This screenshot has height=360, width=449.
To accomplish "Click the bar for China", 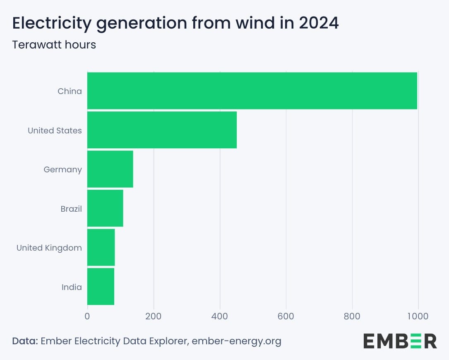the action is [x=252, y=91].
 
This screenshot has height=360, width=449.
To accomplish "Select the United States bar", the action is [x=162, y=130].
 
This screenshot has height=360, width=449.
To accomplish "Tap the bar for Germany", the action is [x=110, y=169].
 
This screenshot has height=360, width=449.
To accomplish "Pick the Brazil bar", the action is [x=105, y=208].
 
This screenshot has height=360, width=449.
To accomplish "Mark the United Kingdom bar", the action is [x=101, y=247].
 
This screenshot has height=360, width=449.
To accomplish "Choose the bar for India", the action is [x=101, y=287].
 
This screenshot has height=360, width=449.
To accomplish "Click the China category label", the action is [x=70, y=91].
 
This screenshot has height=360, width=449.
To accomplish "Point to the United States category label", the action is [x=55, y=130].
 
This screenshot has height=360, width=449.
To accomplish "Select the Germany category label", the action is [x=63, y=170].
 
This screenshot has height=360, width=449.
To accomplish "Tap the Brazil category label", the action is [x=71, y=209].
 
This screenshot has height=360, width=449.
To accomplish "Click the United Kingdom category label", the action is [x=49, y=248].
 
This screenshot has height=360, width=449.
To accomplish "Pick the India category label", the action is [x=72, y=287].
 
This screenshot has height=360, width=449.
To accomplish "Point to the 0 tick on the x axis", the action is [x=87, y=316].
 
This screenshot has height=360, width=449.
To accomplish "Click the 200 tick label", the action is [x=154, y=316].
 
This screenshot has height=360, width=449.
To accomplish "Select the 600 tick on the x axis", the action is [x=286, y=316].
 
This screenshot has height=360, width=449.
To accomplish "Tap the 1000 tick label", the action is [x=418, y=316].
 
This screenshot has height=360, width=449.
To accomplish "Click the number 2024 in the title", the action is [x=319, y=23].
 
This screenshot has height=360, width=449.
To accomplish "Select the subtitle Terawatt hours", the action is [x=54, y=45].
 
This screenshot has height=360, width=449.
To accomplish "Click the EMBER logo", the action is [x=400, y=341].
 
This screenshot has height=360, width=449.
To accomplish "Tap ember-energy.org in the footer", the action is [x=237, y=341].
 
